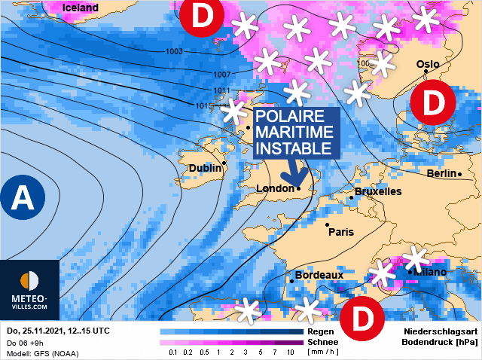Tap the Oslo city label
pyautogui.click(x=428, y=65)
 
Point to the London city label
pyautogui.click(x=275, y=188)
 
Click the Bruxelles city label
pyautogui.click(x=377, y=192)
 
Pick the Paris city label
pyautogui.click(x=341, y=232)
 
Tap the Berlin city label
pyautogui.click(x=442, y=173)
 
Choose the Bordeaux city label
pyautogui.click(x=319, y=275)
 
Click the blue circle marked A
pyautogui.click(x=23, y=197)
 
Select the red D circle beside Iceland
pyautogui.click(x=202, y=17)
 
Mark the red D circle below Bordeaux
pyautogui.click(x=363, y=319)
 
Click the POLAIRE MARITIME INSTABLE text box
pyautogui.click(x=294, y=133)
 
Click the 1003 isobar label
pyautogui.click(x=173, y=51)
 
